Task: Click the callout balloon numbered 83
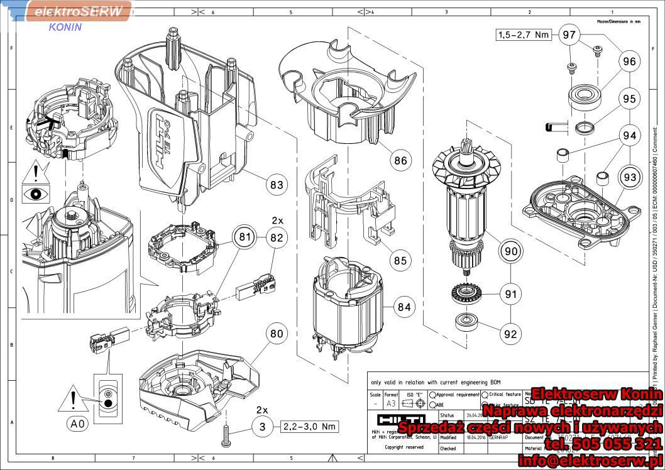click(x=276, y=185)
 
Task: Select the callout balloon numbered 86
click(x=400, y=160)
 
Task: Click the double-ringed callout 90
click(x=511, y=251)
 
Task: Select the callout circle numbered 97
click(x=569, y=35)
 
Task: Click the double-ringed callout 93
click(x=629, y=178)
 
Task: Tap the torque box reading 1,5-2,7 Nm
click(x=523, y=35)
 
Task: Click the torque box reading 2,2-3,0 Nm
click(x=308, y=427)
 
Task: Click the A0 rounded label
click(x=77, y=424)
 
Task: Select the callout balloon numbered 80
click(x=277, y=334)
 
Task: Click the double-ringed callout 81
click(x=244, y=238)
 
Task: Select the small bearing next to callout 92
click(x=468, y=321)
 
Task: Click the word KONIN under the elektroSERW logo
click(x=65, y=27)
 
